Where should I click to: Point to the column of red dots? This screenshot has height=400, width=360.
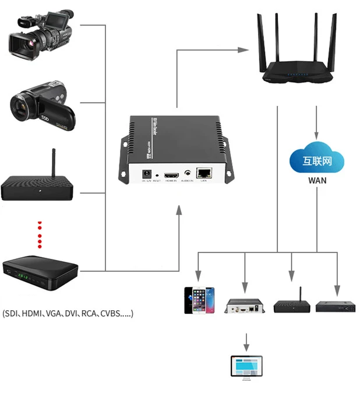tap(40, 234)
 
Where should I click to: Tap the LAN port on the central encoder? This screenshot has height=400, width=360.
tap(204, 173)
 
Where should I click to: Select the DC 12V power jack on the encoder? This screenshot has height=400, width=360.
tap(147, 173)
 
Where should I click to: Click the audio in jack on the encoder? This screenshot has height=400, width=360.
tap(188, 173)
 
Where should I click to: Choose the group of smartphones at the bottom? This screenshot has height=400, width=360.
tap(199, 300)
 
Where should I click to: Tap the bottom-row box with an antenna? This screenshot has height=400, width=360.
tap(291, 305)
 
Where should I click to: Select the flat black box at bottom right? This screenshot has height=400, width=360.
tap(335, 306)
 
